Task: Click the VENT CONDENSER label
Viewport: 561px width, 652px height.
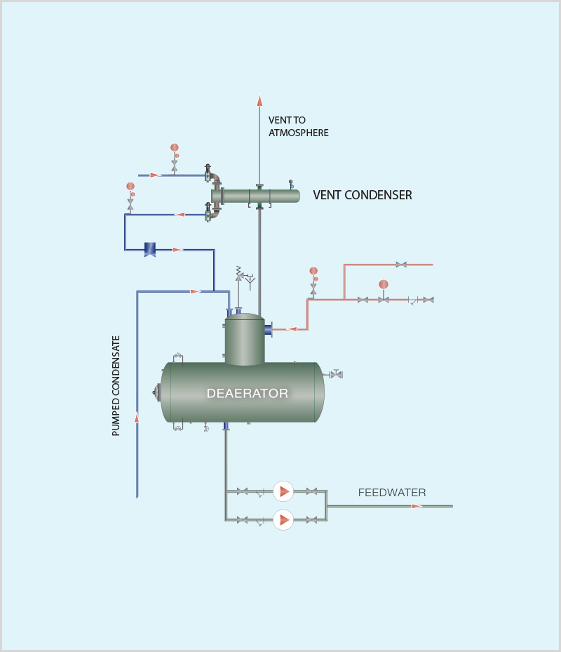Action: [362, 195]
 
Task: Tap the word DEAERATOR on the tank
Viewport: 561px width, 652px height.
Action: [247, 393]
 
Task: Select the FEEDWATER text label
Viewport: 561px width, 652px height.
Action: [392, 493]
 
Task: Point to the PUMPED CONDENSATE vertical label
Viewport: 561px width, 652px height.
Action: [116, 386]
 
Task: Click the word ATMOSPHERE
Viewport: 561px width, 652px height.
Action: [298, 133]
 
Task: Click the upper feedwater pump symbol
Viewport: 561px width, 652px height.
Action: [283, 491]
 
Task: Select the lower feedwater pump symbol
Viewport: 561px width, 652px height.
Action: [283, 519]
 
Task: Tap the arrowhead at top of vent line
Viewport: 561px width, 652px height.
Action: [259, 100]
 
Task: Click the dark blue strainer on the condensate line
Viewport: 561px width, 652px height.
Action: [150, 248]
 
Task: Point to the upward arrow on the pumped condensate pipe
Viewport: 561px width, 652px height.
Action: [137, 418]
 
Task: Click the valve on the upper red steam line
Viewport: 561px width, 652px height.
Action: [401, 265]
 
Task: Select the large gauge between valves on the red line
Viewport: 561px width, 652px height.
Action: [384, 285]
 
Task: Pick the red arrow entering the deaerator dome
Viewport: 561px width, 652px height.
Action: [292, 328]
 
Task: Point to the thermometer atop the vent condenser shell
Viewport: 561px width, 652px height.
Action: [291, 185]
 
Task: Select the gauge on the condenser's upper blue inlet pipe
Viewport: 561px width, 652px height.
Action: [175, 148]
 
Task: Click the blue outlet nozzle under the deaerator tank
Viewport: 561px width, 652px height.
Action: [226, 426]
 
